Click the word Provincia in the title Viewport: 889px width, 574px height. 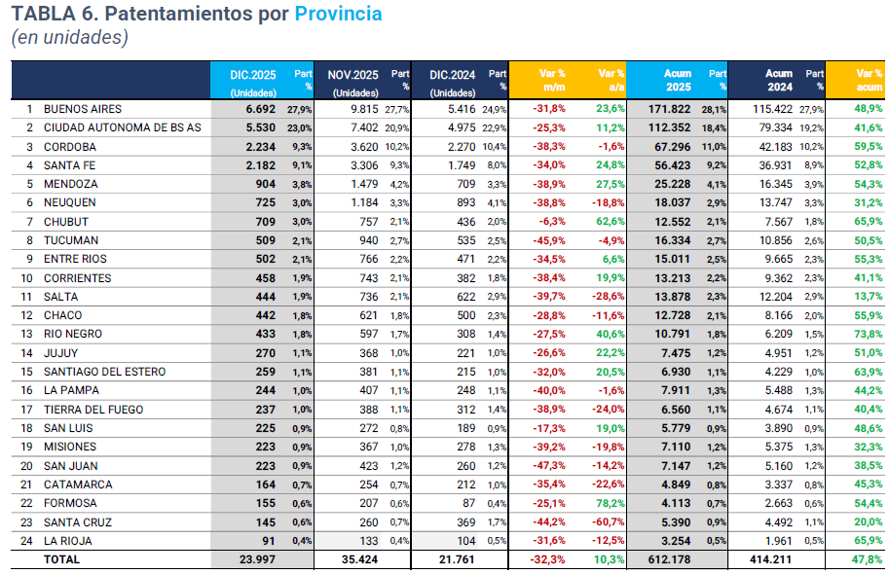(338, 14)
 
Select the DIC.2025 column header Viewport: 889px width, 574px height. (252, 74)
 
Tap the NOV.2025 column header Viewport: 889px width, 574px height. (352, 74)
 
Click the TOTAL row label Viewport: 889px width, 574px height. (61, 559)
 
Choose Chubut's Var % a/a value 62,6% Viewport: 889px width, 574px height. (610, 222)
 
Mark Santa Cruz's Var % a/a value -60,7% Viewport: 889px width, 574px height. (608, 522)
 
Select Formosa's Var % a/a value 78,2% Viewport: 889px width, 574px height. (610, 503)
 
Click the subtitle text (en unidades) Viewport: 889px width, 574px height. (69, 38)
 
